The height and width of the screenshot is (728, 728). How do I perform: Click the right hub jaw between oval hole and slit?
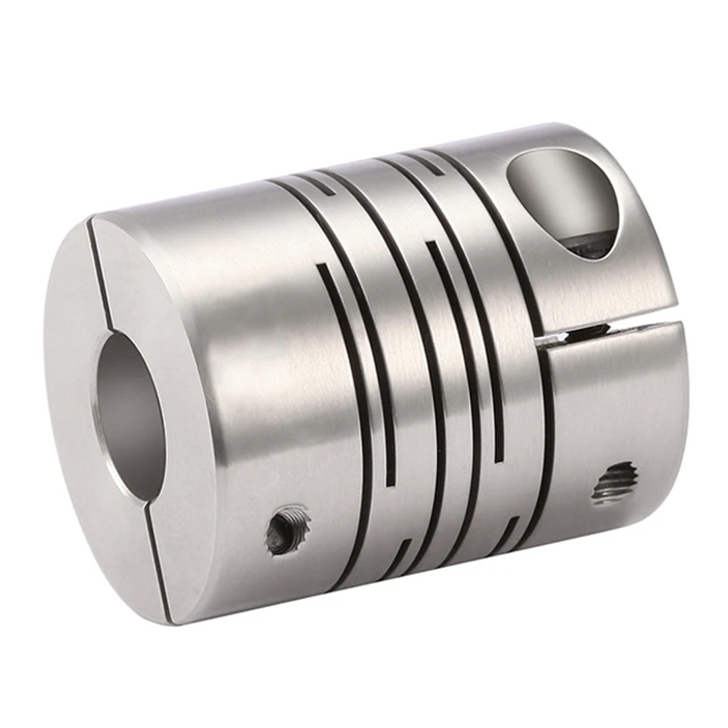click(621, 291)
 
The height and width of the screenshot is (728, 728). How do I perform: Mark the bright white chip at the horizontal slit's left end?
click(550, 340)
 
